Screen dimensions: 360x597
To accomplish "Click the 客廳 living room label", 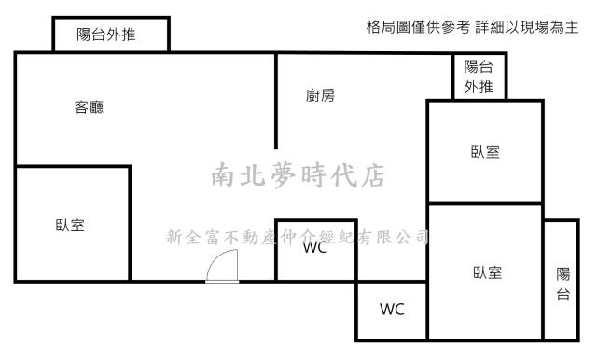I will (x=89, y=107).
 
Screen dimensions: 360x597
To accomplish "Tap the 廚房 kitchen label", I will (x=320, y=95).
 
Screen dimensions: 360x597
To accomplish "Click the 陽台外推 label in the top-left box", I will (x=110, y=36).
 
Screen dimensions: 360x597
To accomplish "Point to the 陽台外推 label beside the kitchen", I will (x=479, y=76).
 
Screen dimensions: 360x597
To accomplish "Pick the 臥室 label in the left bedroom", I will (x=70, y=225).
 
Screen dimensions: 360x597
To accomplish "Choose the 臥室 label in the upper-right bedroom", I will (x=485, y=152).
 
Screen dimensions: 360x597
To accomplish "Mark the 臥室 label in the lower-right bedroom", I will (x=487, y=272).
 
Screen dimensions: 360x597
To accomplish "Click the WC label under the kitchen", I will (x=314, y=249).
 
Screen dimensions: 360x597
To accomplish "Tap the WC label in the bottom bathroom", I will (x=392, y=310).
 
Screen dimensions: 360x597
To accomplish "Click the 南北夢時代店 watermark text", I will (x=298, y=174).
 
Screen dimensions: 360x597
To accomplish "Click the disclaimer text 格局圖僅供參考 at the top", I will (x=418, y=28).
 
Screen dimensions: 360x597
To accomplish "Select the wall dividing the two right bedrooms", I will (x=485, y=204).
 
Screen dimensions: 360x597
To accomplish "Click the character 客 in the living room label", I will (x=81, y=107).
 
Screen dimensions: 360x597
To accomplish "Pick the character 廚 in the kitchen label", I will (x=312, y=95).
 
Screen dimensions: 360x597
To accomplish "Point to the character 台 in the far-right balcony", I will (x=562, y=294).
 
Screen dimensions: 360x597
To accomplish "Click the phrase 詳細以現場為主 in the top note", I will (x=526, y=28).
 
